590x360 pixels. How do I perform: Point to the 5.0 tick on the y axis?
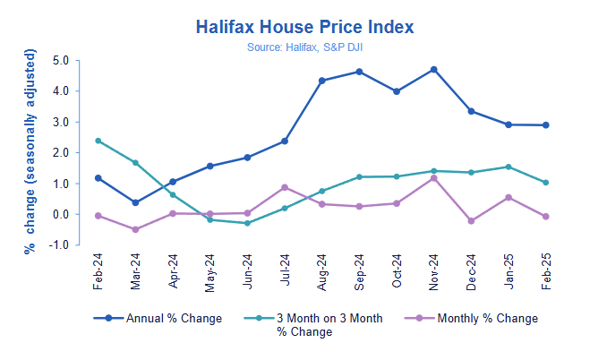(x=61, y=61)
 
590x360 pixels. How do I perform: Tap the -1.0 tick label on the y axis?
(x=59, y=245)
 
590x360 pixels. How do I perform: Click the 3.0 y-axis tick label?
(x=61, y=123)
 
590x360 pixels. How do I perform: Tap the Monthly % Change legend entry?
(x=471, y=318)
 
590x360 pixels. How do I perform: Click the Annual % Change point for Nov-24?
(x=433, y=69)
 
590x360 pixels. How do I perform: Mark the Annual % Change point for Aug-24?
(x=321, y=81)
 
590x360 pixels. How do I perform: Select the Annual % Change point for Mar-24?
(x=135, y=202)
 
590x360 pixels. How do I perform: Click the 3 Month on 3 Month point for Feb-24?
(x=98, y=141)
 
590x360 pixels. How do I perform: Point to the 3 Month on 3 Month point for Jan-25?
(x=508, y=167)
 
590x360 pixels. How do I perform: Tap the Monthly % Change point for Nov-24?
(x=433, y=178)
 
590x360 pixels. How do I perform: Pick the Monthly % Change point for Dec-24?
(x=471, y=220)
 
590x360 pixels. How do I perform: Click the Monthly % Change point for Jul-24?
(x=284, y=187)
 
